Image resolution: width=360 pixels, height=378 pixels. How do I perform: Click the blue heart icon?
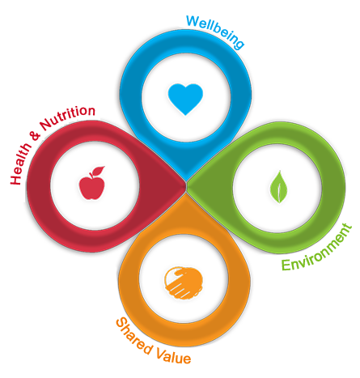click(x=185, y=99)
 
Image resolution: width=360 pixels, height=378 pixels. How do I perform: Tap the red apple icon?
click(x=92, y=183)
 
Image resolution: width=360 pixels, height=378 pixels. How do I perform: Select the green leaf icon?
click(x=278, y=187)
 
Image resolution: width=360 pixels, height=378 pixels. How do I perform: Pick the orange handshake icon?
click(x=184, y=282)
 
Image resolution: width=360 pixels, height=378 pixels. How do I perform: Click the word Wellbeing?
click(x=215, y=32)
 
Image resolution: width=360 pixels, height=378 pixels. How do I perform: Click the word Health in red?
click(x=20, y=164)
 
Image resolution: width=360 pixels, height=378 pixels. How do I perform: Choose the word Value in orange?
click(x=173, y=354)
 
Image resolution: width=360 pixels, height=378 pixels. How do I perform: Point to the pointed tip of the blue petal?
click(x=186, y=179)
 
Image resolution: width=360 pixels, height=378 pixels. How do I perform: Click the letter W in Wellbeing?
click(x=193, y=21)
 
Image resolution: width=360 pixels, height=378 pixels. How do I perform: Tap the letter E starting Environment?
click(x=286, y=265)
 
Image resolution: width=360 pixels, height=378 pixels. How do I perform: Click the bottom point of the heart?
click(x=185, y=114)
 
